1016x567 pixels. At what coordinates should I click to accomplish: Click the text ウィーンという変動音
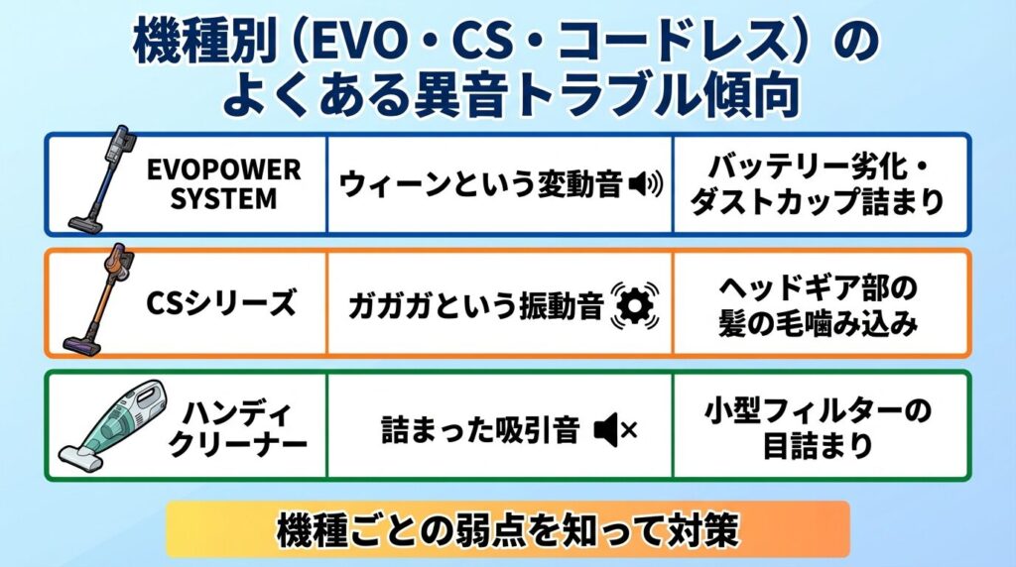point(481,184)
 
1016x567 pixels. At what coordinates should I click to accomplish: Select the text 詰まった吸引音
point(480,430)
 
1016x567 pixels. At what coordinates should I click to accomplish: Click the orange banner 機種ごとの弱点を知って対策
point(507,528)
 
